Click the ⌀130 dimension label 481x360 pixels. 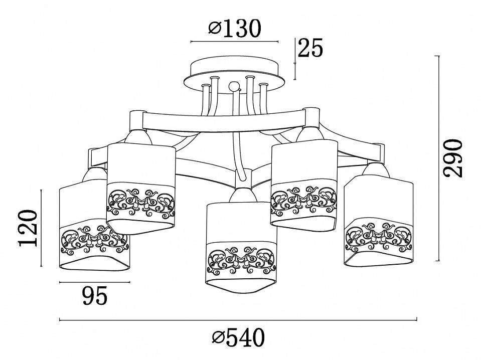point(234,29)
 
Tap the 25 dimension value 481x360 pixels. point(310,48)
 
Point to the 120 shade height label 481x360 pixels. point(28,228)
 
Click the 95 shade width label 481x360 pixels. point(95,296)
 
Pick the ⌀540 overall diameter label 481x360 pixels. point(238,337)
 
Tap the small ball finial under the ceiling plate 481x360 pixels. point(235,86)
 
